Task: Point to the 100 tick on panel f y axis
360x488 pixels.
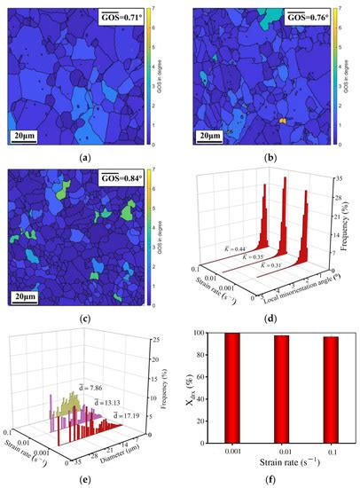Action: click(209, 334)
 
